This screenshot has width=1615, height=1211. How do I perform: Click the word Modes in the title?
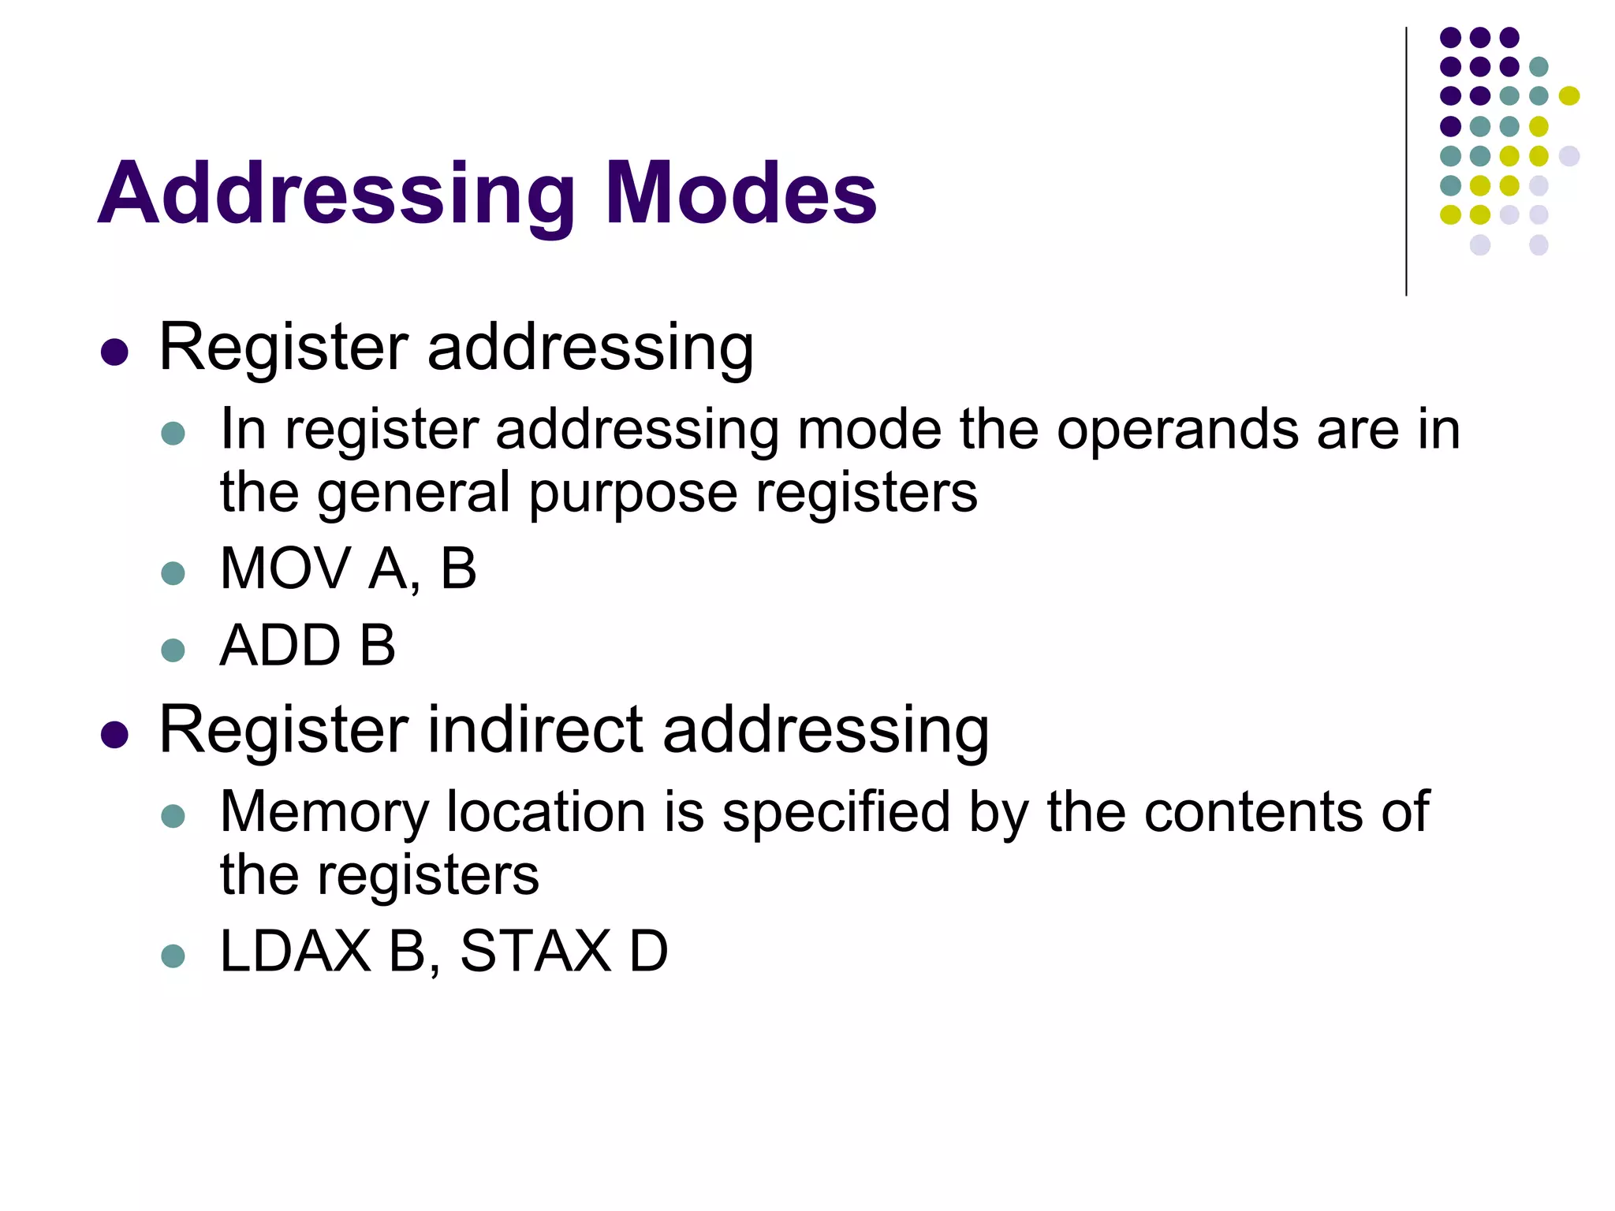pos(740,193)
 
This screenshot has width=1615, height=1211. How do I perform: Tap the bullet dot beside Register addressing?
pos(115,352)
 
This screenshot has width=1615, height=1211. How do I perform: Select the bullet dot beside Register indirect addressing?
pos(115,735)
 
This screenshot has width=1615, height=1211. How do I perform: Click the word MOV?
pos(285,568)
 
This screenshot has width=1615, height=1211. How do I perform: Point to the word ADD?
pos(280,646)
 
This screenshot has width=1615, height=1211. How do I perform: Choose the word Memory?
pos(324,812)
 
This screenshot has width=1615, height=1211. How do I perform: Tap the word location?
pos(546,812)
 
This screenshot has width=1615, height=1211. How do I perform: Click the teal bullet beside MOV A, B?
pos(173,573)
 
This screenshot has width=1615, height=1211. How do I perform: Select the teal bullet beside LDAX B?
pos(173,956)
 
